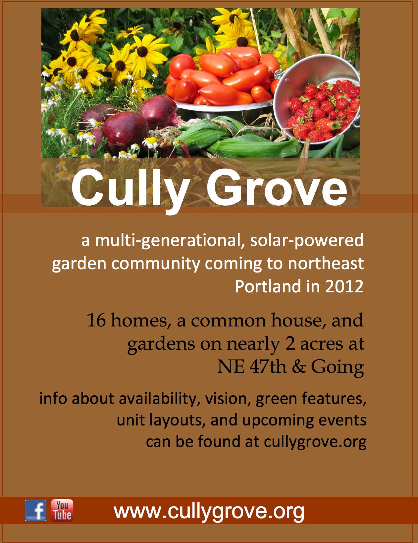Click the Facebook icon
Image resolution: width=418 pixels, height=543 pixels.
[x=35, y=510]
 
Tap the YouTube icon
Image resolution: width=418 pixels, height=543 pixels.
[x=62, y=510]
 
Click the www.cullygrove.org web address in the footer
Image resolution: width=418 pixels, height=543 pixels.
[x=209, y=512]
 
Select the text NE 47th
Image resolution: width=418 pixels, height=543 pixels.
[x=252, y=367]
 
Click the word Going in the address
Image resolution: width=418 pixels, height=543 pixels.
[x=337, y=368]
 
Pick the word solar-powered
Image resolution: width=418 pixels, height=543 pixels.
[x=307, y=241]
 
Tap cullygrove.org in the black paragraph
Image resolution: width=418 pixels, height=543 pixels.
[x=315, y=442]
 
